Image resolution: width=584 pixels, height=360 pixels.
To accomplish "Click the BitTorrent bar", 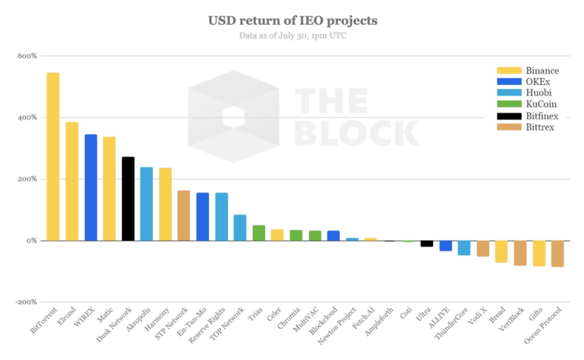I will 53,156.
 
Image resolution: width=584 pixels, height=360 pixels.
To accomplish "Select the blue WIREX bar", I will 91,187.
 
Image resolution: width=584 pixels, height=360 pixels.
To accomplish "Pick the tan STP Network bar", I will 184,215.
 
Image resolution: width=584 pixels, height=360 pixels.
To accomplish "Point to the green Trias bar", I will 259,232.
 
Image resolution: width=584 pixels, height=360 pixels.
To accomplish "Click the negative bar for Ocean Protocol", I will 558,253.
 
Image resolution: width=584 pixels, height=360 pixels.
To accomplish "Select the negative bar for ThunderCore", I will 464,247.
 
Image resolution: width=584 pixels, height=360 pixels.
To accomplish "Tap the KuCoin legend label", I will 542,104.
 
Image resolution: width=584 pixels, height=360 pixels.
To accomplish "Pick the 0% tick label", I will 30,241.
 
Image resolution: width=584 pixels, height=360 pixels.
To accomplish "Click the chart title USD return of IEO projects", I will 292,21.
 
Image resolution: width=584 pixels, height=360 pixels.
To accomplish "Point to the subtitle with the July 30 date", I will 293,36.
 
